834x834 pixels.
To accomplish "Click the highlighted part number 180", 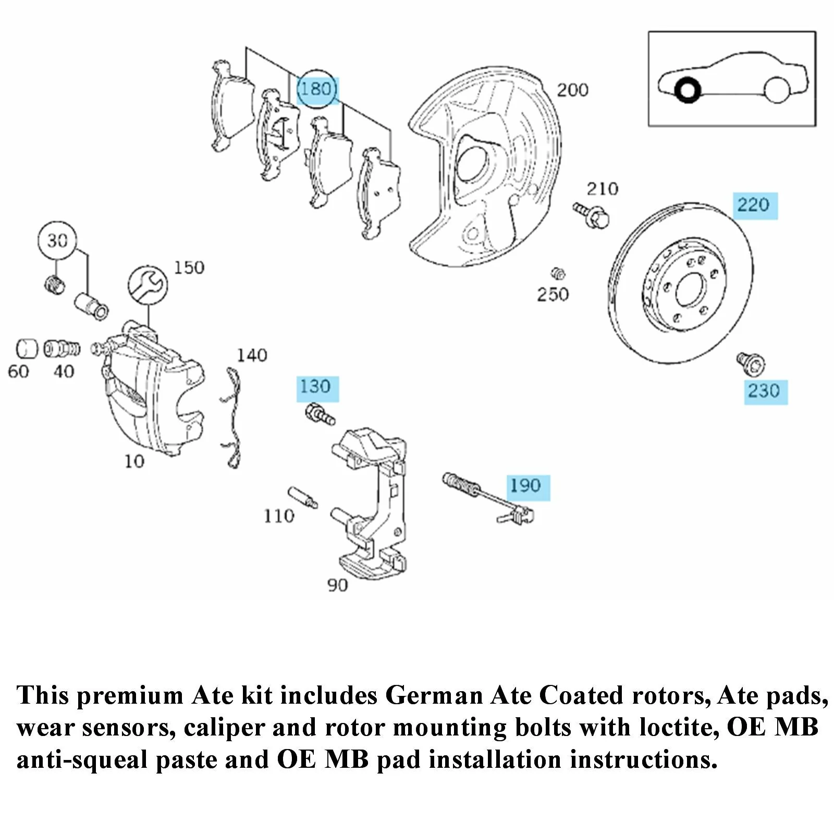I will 316,89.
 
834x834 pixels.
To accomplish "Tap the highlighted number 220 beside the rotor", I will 754,205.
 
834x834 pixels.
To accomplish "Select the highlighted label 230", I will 764,391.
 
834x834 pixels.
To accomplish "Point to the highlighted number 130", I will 316,387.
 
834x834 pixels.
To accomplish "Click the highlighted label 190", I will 526,486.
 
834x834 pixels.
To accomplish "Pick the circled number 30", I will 57,241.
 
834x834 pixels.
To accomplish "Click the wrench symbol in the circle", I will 148,285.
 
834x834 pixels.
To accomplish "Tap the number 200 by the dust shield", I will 572,90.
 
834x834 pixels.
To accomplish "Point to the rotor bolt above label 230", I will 751,363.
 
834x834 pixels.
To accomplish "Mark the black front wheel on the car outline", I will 686,90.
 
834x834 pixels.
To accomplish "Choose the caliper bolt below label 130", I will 320,414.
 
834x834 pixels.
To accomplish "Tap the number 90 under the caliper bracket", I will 337,585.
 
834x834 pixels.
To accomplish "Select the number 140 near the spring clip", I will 252,355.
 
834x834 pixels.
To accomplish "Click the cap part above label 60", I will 26,349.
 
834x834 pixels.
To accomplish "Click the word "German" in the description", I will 434,696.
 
